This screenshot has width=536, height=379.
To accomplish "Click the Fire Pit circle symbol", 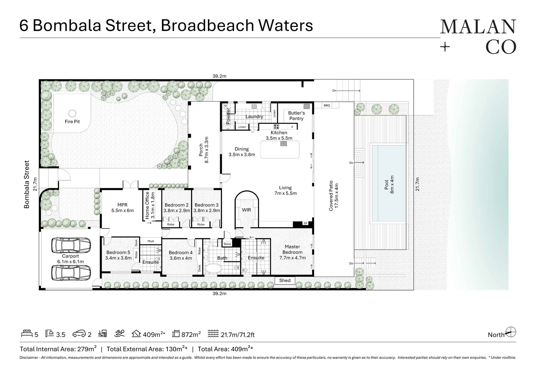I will pyautogui.click(x=72, y=113).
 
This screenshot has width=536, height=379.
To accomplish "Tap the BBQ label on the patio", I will pyautogui.click(x=327, y=105).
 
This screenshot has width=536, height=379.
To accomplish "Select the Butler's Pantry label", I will pyautogui.click(x=296, y=115).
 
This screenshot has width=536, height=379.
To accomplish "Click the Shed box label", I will pyautogui.click(x=285, y=280).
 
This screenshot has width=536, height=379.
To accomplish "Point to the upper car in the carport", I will pyautogui.click(x=71, y=245).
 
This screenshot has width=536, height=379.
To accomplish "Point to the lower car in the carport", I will pyautogui.click(x=71, y=271).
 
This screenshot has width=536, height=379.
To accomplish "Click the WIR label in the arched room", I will pyautogui.click(x=246, y=210).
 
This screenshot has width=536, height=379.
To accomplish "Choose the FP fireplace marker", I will pyautogui.click(x=305, y=224).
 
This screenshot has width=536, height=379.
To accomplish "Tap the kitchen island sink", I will pyautogui.click(x=283, y=144).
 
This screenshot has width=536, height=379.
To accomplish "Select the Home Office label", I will pyautogui.click(x=147, y=205).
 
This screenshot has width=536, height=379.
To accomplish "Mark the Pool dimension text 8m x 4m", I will pyautogui.click(x=392, y=185).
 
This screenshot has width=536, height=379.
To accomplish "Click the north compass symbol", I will pyautogui.click(x=511, y=332).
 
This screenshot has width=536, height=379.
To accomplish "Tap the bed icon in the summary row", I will pyautogui.click(x=27, y=334).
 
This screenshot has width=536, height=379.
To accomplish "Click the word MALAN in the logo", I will pyautogui.click(x=478, y=27).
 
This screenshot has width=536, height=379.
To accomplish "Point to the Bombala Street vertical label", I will pyautogui.click(x=27, y=184).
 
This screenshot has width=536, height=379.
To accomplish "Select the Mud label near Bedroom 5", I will pyautogui.click(x=150, y=241).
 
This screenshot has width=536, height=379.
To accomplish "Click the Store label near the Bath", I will pyautogui.click(x=227, y=244).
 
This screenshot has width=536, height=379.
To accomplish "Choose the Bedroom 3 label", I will pyautogui.click(x=206, y=205).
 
